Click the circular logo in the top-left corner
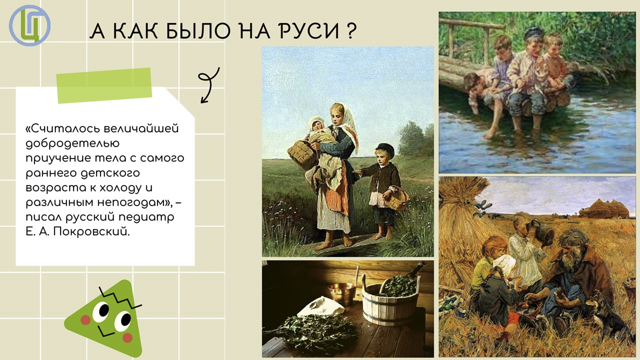pos(29,25)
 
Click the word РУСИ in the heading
pos(309,31)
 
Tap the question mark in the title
pos(351,30)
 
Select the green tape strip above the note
pos(104,85)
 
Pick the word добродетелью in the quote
pos(72,143)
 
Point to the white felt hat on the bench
pos(321,307)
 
